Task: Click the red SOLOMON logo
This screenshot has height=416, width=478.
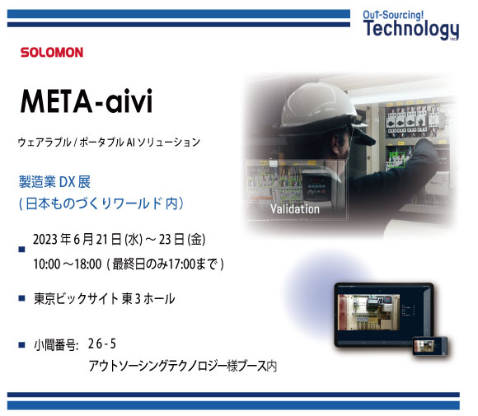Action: [x=52, y=53]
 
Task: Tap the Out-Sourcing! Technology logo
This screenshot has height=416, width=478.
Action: [x=410, y=25]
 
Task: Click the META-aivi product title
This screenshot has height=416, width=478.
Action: [x=87, y=101]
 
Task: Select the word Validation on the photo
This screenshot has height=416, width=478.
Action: [x=295, y=209]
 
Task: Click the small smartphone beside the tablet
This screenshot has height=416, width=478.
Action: [x=430, y=346]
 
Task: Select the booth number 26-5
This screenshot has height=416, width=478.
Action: [x=102, y=344]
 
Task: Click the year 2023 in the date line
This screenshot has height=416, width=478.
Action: [x=45, y=239]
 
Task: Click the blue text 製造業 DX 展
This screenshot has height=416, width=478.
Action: [x=54, y=182]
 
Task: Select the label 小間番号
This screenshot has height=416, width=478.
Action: [x=56, y=345]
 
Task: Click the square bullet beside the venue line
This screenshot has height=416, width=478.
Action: [x=21, y=297]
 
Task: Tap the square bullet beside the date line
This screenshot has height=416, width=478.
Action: [x=21, y=250]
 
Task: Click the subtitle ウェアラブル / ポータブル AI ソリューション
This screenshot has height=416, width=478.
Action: [x=109, y=143]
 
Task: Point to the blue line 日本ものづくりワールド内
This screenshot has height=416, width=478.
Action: [x=101, y=203]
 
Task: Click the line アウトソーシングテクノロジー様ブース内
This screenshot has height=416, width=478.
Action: [x=183, y=366]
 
